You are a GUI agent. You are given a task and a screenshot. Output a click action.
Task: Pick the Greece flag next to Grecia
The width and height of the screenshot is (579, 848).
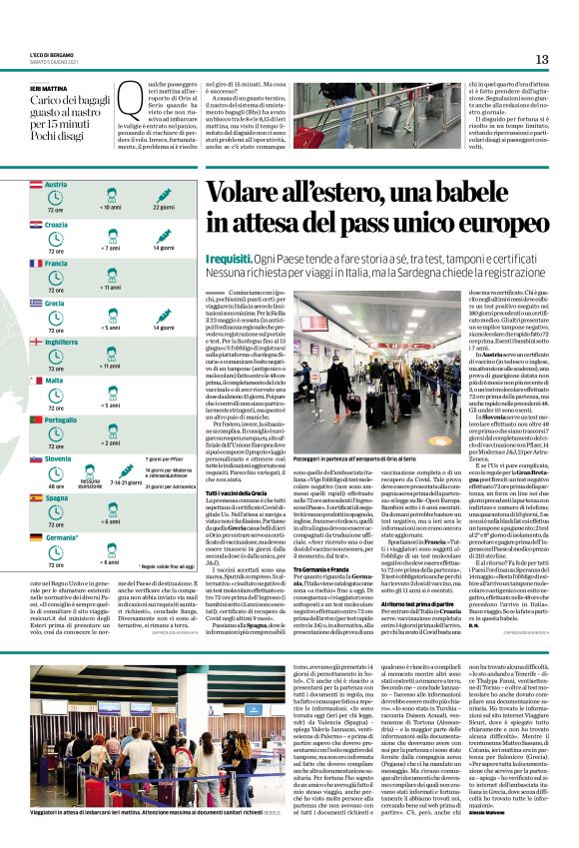(x=36, y=303)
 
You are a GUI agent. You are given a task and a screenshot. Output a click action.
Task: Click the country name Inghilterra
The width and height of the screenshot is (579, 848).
(x=61, y=342)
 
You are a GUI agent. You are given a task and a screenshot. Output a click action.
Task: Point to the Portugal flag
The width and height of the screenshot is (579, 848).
(x=36, y=420)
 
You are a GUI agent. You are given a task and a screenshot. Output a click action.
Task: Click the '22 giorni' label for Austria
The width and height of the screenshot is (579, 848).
(x=163, y=208)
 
